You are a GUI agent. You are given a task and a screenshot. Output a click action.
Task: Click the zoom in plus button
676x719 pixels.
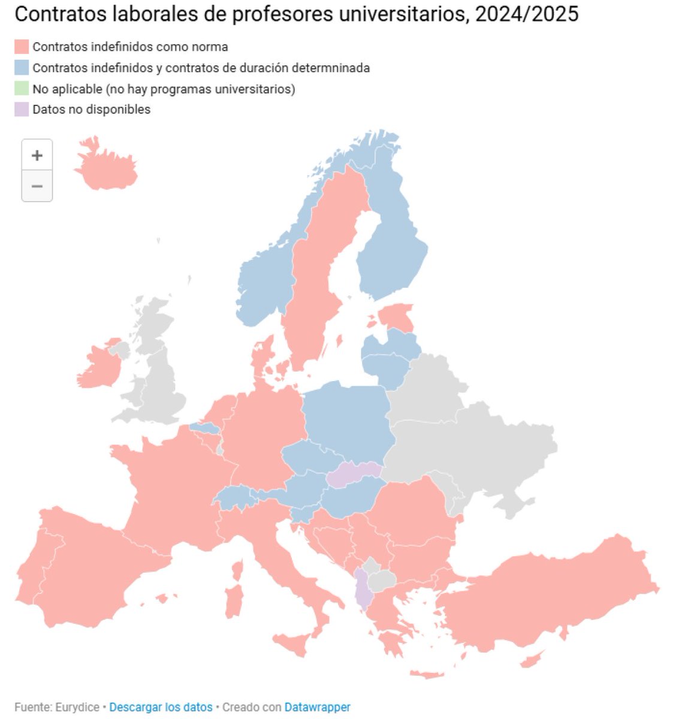[37, 155]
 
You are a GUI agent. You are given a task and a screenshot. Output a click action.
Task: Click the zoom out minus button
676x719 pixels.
[37, 186]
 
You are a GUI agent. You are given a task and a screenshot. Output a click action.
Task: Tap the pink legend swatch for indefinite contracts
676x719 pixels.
[22, 47]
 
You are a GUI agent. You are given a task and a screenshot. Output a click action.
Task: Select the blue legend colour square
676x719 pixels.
[22, 68]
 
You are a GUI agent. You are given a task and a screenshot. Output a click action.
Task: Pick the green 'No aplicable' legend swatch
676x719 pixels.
[22, 89]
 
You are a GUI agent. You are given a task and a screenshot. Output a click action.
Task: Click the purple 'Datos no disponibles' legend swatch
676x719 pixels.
[22, 110]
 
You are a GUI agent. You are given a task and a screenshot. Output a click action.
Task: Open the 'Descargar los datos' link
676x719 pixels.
[161, 707]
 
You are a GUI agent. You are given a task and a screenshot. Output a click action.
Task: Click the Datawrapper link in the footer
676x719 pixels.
[317, 707]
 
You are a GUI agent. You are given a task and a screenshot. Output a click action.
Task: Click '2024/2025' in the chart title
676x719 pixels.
[526, 13]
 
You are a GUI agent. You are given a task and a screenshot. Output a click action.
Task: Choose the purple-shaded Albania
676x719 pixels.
[362, 590]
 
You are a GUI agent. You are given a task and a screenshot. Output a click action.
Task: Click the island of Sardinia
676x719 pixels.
[234, 601]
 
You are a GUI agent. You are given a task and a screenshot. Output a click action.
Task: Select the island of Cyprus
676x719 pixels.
[532, 660]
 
